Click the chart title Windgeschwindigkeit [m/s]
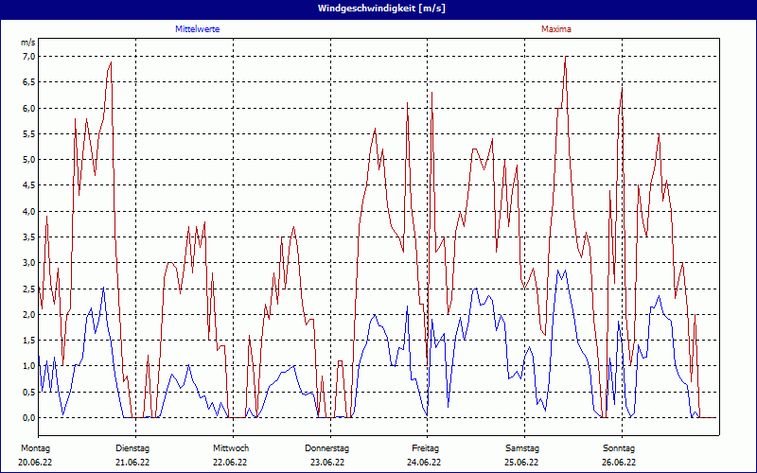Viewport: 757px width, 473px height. point(378,8)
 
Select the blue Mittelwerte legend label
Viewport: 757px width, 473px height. point(198,29)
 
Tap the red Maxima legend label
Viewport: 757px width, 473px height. point(556,29)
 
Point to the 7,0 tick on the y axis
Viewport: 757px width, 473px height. point(28,57)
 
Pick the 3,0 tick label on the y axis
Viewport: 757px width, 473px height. point(28,263)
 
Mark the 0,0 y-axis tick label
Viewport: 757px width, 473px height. point(28,417)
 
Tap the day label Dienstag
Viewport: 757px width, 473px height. point(132,447)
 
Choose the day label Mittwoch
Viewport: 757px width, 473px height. point(231,447)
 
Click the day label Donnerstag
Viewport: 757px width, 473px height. point(327,447)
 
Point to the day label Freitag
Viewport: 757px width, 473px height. point(426,447)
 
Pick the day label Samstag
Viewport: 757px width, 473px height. point(522,447)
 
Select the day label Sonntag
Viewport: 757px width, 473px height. point(619,447)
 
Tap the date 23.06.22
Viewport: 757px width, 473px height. point(327,463)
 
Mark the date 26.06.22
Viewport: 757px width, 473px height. point(619,463)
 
